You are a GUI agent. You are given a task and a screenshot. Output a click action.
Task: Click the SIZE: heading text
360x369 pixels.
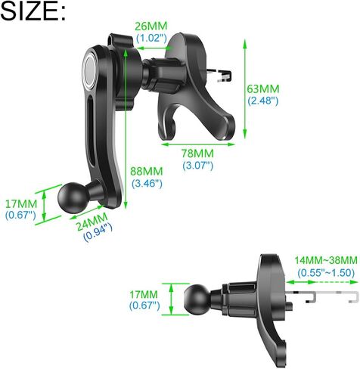(33, 11)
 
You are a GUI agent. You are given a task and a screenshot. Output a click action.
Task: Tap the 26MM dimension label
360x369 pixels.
(151, 26)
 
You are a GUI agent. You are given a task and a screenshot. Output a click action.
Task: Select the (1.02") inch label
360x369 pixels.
(151, 38)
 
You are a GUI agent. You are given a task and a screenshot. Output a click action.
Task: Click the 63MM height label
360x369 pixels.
(263, 89)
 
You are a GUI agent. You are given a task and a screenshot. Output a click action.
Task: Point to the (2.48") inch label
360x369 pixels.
(263, 101)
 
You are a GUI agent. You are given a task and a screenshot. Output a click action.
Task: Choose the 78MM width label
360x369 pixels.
(197, 153)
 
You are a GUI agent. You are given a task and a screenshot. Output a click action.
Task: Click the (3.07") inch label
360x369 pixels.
(198, 166)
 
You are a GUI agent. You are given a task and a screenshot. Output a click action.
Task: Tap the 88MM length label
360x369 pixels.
(147, 172)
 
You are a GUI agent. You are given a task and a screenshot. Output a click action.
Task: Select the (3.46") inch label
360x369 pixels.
(147, 183)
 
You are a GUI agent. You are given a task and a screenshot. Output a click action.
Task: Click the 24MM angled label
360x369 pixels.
(92, 222)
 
